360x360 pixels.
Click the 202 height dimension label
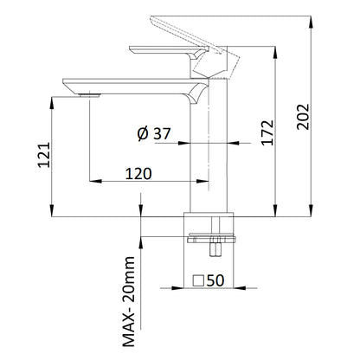(x=303, y=117)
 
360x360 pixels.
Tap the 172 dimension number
(x=267, y=132)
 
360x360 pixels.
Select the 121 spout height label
(x=44, y=155)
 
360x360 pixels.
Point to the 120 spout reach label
(x=138, y=174)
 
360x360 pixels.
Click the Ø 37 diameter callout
(x=154, y=133)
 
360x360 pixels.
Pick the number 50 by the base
(x=215, y=280)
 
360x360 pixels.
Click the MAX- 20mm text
(x=129, y=301)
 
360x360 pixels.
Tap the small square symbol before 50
(x=198, y=280)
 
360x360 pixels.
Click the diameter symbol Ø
(x=143, y=134)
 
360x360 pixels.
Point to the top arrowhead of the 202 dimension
(x=311, y=22)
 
